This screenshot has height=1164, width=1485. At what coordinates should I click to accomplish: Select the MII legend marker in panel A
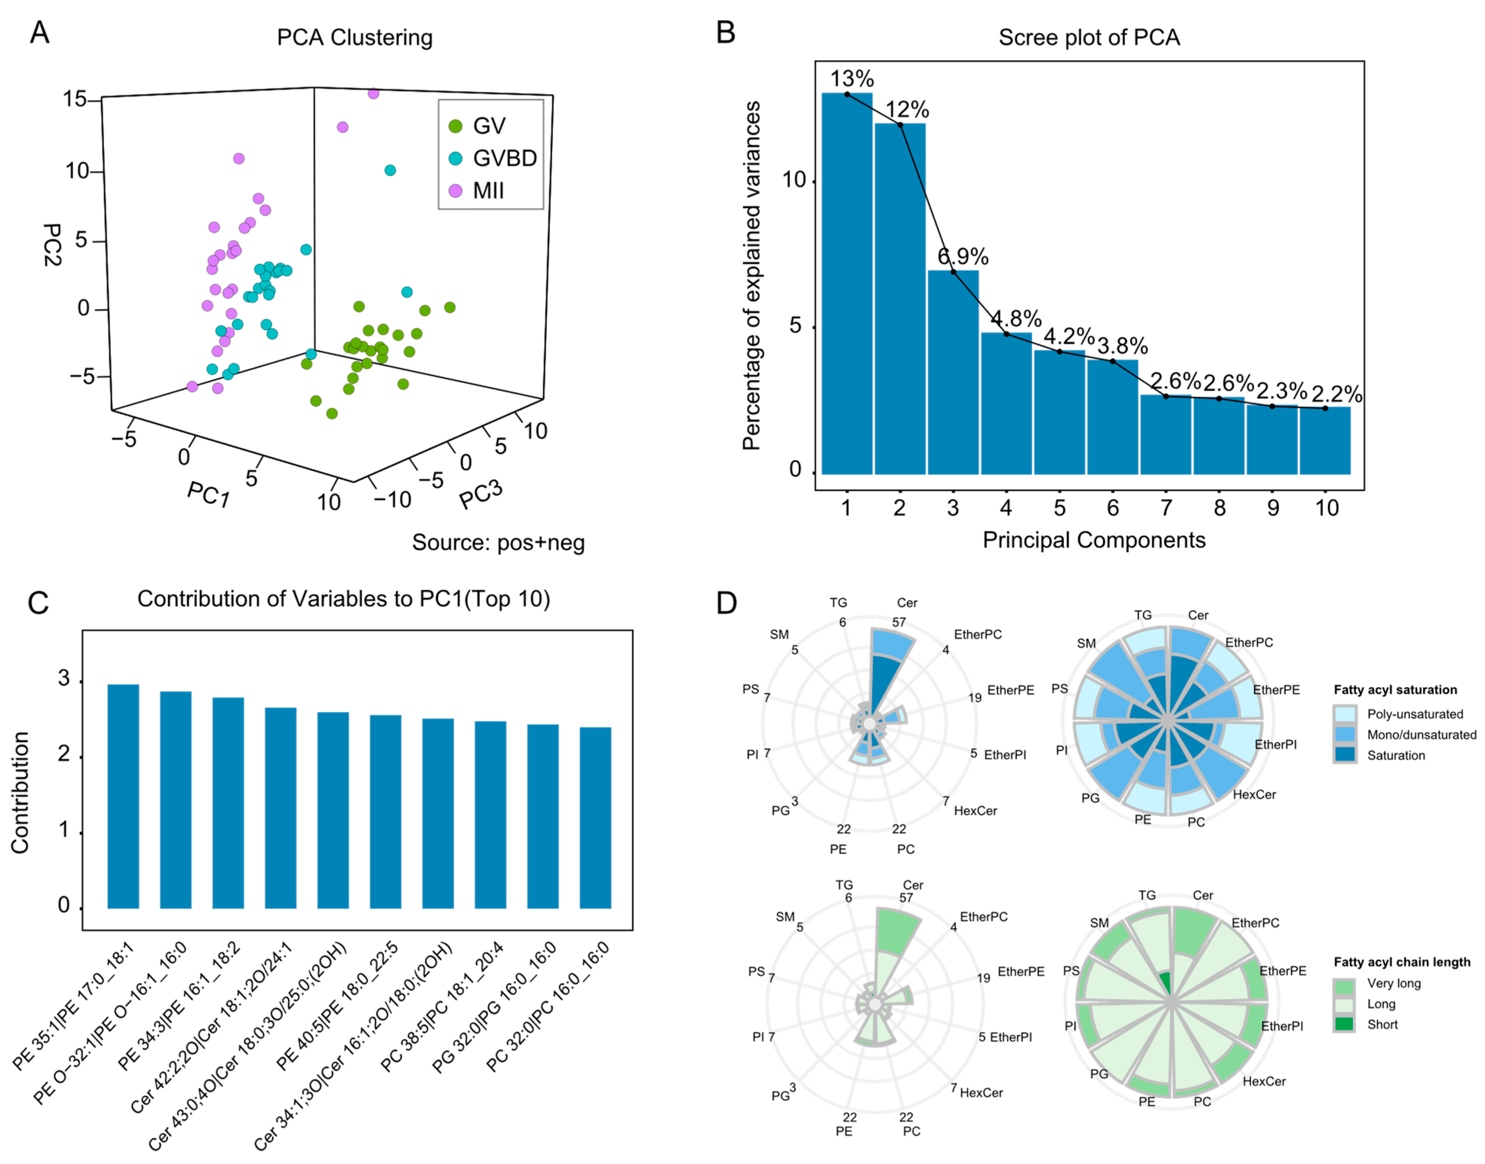[455, 191]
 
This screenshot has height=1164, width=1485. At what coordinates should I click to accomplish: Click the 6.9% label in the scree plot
[962, 256]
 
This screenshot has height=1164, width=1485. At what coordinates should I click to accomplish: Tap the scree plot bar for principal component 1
[846, 286]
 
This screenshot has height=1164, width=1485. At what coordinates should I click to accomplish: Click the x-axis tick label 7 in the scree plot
[1166, 508]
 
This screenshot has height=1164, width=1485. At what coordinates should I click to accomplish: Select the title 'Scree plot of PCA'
[1089, 37]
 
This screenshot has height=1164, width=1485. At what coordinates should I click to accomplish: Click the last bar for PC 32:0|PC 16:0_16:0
[595, 818]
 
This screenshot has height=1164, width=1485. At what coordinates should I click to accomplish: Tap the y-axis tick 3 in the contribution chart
[64, 679]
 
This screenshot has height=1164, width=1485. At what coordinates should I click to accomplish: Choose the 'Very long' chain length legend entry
[1394, 983]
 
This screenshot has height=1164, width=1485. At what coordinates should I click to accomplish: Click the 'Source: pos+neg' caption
[498, 543]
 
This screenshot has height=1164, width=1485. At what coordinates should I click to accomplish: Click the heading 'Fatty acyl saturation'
[1395, 690]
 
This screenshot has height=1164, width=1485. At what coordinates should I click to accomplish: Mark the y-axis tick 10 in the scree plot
[794, 180]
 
